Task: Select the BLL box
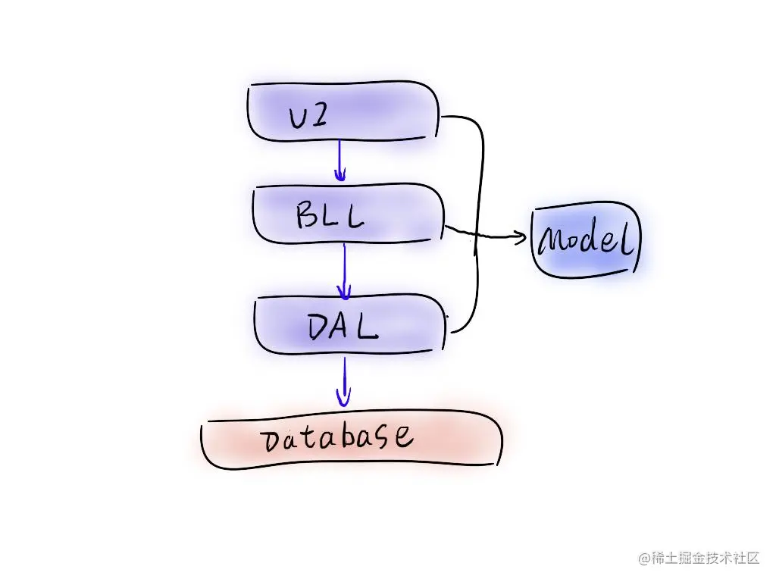click(x=347, y=214)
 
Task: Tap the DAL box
click(x=349, y=324)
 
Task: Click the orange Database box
click(x=351, y=440)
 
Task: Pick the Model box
click(x=586, y=240)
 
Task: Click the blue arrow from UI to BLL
click(x=339, y=161)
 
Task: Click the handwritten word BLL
click(x=330, y=216)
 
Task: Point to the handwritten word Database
click(x=337, y=438)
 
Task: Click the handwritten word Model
click(x=586, y=241)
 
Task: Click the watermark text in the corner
click(x=699, y=559)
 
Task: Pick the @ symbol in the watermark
click(x=643, y=559)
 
